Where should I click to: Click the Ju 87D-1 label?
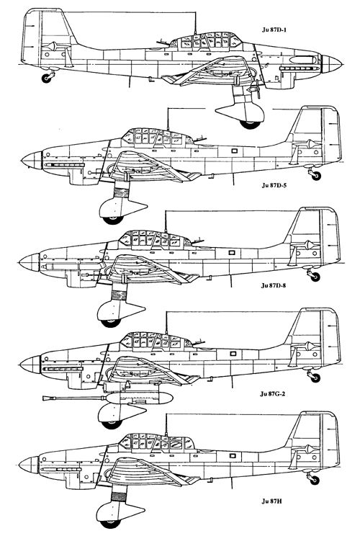point(274,30)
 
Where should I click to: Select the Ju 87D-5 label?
point(274,186)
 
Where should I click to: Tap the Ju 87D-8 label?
point(274,285)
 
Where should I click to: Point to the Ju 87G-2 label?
point(272,393)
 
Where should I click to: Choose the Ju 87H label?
point(272,501)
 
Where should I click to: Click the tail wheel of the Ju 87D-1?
point(47,79)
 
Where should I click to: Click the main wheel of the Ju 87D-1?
point(250,124)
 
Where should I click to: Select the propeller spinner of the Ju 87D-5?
point(32,161)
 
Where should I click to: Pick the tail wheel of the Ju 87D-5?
point(316,176)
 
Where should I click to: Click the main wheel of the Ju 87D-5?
point(113,220)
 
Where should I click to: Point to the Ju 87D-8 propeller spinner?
point(30,262)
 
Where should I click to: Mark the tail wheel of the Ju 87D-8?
point(315,277)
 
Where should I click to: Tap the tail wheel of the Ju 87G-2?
point(315,378)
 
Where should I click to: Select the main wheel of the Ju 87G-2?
point(112,424)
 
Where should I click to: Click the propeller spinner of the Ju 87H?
point(29,465)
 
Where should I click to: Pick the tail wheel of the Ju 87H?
point(315,480)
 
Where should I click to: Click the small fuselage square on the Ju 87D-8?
point(232,253)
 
